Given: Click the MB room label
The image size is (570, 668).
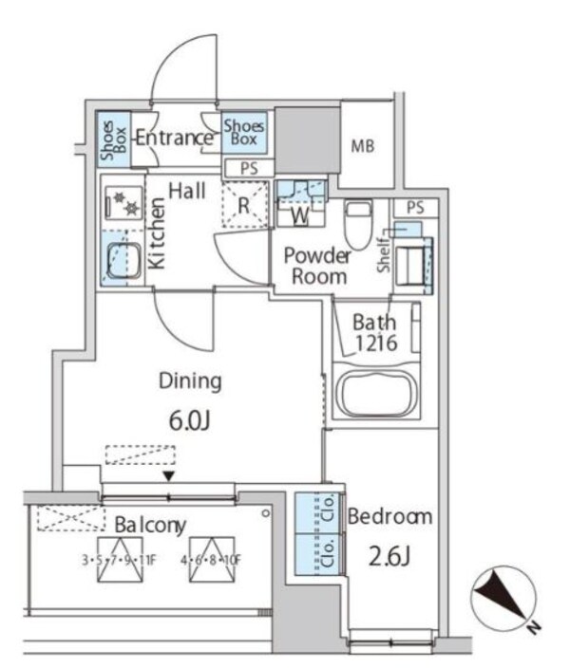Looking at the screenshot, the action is (x=363, y=146).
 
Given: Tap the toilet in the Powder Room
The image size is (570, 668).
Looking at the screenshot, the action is (x=358, y=224).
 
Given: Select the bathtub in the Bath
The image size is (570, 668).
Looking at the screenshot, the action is (x=376, y=393).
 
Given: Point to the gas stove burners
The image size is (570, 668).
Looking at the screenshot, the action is (x=123, y=202).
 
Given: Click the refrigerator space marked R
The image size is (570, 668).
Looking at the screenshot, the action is (x=245, y=205).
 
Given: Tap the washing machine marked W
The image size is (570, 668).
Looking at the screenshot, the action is (x=301, y=204).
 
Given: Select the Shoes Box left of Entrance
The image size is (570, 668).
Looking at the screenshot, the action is (x=113, y=139).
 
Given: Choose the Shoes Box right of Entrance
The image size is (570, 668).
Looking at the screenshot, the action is (x=244, y=132).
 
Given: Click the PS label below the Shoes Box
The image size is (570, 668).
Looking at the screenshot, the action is (x=249, y=168).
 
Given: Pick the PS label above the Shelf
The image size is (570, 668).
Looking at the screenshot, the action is (x=415, y=208).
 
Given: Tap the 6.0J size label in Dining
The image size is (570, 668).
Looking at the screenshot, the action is (x=190, y=420).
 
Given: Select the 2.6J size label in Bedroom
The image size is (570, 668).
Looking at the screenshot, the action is (x=389, y=557).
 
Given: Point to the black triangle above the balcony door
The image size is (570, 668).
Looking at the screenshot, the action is (x=169, y=476).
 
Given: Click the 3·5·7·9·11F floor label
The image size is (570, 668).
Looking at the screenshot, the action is (x=120, y=560).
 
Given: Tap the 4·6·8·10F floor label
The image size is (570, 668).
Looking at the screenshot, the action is (x=211, y=560).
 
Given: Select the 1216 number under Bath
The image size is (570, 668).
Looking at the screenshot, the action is (x=376, y=343).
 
